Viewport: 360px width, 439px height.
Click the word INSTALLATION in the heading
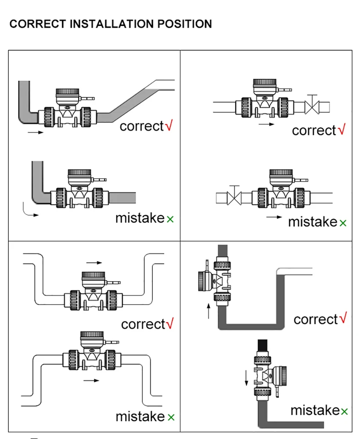click(x=112, y=24)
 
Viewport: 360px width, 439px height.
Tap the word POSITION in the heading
click(x=184, y=24)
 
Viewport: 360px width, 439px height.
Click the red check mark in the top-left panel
click(x=169, y=125)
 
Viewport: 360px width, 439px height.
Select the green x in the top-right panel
click(x=343, y=223)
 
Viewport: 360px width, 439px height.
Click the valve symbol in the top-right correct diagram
click(x=312, y=106)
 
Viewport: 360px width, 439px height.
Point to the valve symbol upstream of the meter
click(x=234, y=197)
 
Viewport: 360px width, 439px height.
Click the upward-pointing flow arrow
click(x=209, y=311)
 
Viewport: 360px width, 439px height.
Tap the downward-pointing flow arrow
click(x=246, y=378)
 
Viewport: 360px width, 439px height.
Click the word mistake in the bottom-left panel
click(x=140, y=416)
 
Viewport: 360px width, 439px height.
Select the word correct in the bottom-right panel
click(x=316, y=319)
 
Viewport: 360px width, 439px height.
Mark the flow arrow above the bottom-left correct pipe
click(x=94, y=262)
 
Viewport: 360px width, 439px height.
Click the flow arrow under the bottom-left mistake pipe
click(x=91, y=380)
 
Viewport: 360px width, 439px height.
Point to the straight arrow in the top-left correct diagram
click(x=35, y=132)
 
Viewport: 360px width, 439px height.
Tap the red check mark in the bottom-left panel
click(x=170, y=323)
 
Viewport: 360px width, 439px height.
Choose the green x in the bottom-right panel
click(x=344, y=411)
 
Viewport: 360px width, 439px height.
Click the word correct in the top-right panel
click(x=314, y=130)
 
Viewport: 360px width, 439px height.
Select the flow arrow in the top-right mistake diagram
click(x=274, y=217)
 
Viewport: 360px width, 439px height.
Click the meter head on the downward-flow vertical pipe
click(x=279, y=375)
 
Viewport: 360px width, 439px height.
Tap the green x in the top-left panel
click(x=170, y=219)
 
